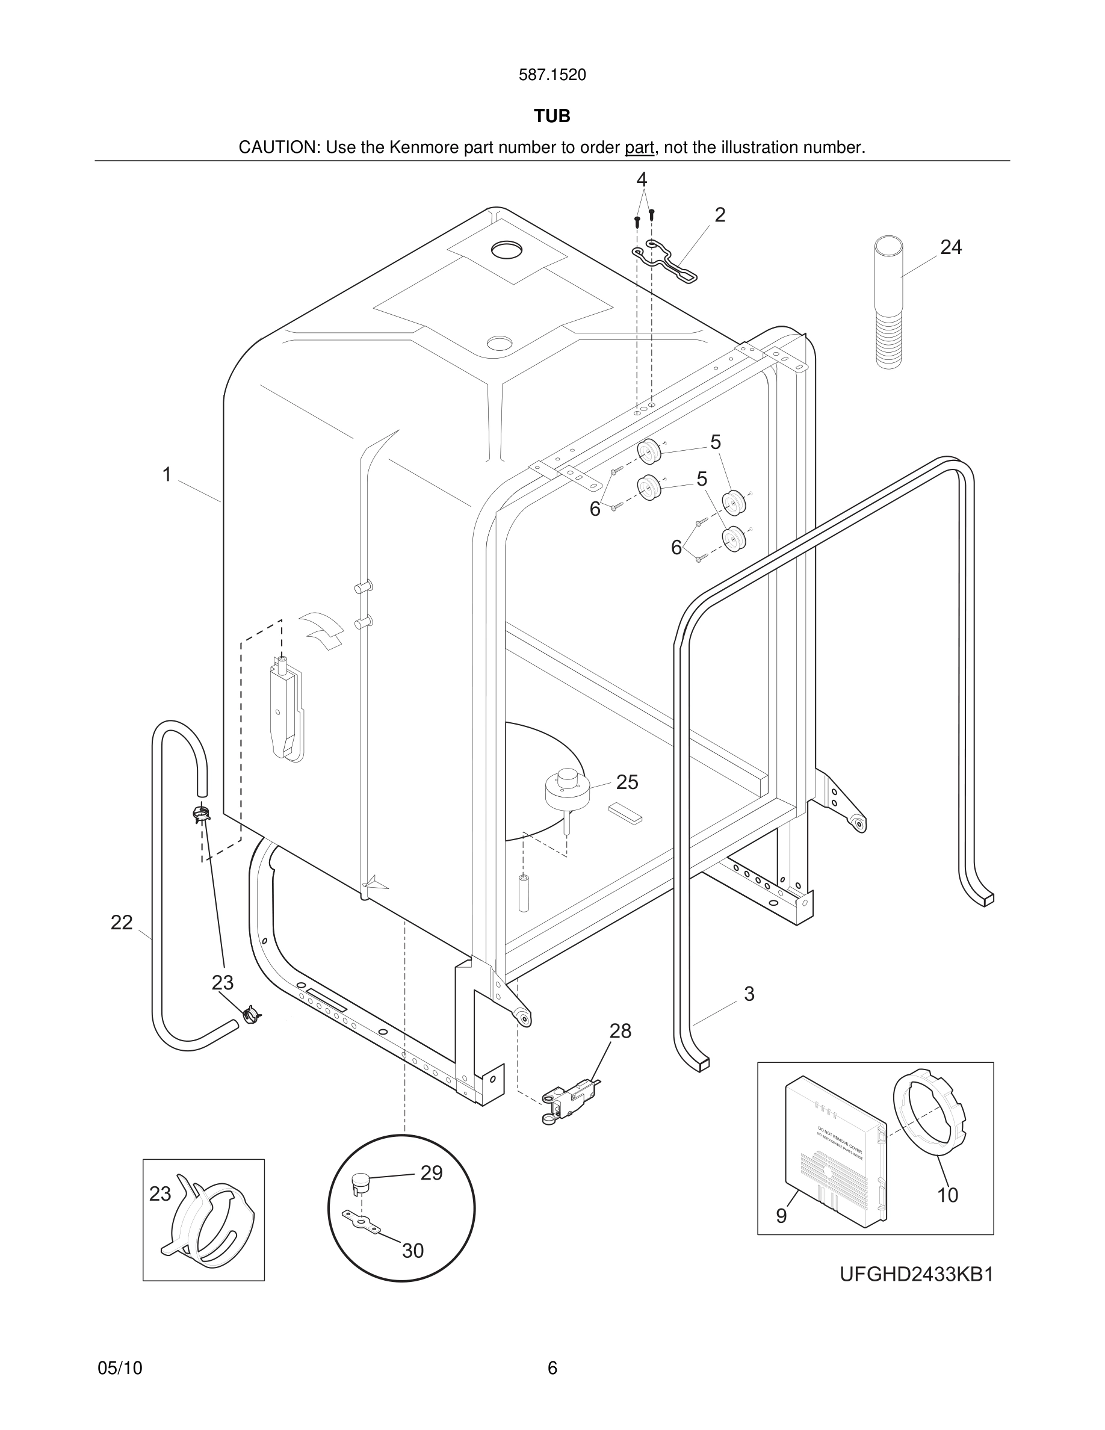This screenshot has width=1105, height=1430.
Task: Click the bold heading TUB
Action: (x=552, y=116)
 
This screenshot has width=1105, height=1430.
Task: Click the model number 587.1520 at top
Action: (x=552, y=75)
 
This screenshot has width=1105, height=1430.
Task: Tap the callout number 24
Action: (x=950, y=247)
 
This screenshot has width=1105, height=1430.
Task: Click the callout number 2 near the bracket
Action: (x=720, y=215)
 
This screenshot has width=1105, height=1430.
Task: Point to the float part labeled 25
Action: (x=568, y=790)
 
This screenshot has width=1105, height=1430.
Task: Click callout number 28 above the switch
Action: (x=620, y=1031)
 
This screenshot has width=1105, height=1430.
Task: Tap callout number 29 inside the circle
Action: (x=432, y=1172)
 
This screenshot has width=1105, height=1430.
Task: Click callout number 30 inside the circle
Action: (x=412, y=1251)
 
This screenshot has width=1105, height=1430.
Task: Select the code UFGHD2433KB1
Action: (x=917, y=1275)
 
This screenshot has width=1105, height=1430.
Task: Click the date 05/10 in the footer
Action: (x=120, y=1368)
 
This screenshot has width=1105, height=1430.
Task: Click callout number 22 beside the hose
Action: (x=121, y=923)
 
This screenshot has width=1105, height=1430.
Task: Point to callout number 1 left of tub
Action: (x=167, y=474)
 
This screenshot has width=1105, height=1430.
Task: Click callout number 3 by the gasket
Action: (x=749, y=994)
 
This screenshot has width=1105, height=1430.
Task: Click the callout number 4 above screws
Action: (x=642, y=179)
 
